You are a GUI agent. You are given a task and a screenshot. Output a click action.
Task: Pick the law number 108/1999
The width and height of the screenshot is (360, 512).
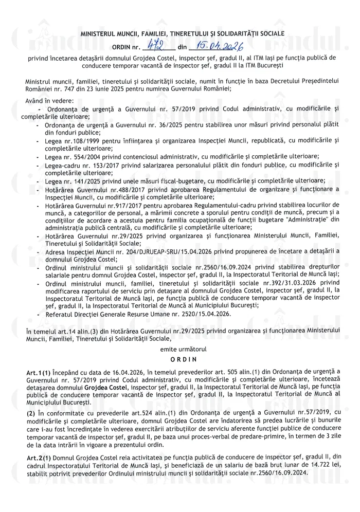[x=81, y=140]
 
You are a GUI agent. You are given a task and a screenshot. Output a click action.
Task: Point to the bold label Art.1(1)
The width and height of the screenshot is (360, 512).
[x=37, y=371]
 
